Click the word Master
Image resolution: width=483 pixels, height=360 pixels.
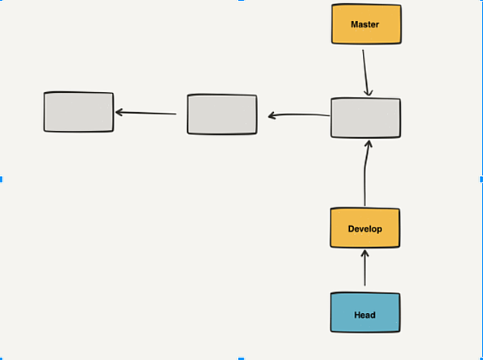point(365,24)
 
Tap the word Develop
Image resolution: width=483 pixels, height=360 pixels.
point(365,228)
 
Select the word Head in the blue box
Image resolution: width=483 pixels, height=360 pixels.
point(365,315)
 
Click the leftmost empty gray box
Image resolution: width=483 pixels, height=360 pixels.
point(78,112)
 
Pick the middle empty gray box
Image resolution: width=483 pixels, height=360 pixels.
point(222,114)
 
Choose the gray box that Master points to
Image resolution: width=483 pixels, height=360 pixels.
point(365,118)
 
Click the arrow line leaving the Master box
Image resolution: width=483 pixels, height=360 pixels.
point(365,71)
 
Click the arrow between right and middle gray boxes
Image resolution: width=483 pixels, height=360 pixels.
point(298,115)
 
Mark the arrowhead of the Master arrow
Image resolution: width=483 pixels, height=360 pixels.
point(368,94)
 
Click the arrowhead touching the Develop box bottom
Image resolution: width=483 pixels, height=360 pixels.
point(364,253)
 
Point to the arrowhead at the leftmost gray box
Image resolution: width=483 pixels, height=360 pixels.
point(119,112)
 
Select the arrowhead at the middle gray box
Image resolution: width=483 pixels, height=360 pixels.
point(273,115)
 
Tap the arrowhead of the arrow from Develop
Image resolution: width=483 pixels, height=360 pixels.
point(368,144)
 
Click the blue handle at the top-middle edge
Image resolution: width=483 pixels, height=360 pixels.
point(240,2)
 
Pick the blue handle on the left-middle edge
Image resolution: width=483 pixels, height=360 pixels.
point(2,179)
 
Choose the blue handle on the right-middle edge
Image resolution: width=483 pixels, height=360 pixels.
point(481,179)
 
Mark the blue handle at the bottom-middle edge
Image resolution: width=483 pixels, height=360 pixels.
point(240,358)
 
